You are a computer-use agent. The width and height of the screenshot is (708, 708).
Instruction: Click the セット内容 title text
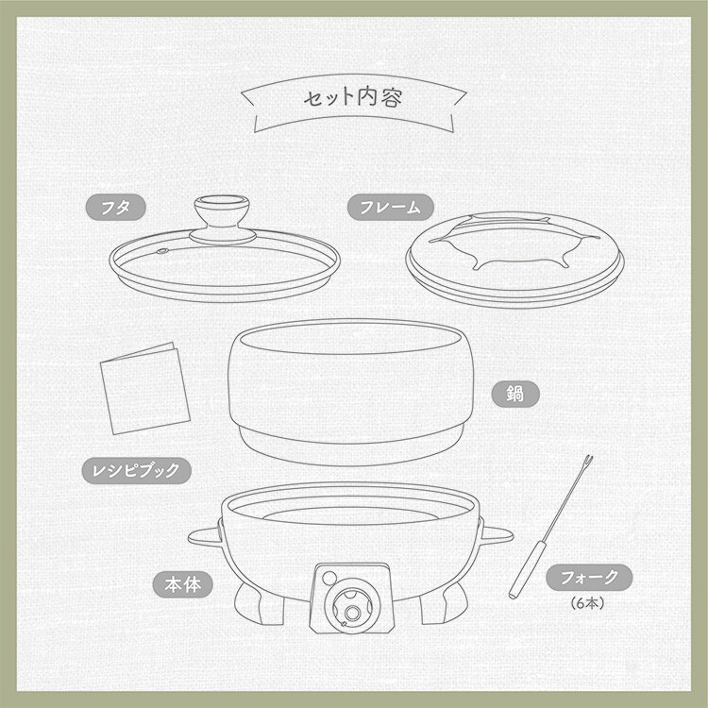(353, 97)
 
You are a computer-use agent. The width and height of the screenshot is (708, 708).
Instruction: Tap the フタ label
(115, 208)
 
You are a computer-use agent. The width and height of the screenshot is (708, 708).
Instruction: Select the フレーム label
(390, 208)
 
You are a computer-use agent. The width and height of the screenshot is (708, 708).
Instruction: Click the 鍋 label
(515, 394)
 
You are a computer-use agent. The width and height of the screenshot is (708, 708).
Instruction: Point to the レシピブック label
(136, 470)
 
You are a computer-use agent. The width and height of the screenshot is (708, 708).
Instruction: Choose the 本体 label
(182, 584)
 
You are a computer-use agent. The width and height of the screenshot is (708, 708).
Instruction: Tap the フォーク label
(589, 577)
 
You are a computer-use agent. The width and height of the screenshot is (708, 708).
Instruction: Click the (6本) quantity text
(587, 603)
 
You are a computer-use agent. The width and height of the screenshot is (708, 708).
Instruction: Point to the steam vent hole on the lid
(161, 251)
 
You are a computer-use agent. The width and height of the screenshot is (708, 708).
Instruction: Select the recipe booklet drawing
(144, 389)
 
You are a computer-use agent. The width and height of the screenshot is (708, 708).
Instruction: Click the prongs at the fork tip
(587, 463)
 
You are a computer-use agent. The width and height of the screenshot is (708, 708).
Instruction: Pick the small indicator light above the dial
(329, 578)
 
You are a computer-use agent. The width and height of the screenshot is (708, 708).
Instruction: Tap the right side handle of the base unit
(497, 535)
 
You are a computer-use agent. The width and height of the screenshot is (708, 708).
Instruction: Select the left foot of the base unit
(259, 603)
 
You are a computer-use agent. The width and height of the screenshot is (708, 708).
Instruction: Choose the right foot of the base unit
(443, 602)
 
